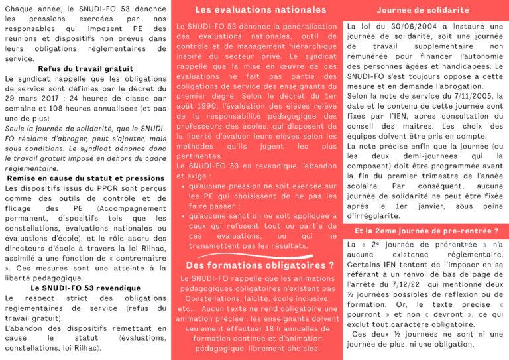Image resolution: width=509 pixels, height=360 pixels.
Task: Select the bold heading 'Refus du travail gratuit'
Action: tap(86, 68)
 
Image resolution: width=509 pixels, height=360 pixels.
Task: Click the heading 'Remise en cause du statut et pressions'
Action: tap(85, 178)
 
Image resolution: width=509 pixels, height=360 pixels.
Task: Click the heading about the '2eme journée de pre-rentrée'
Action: tap(427, 233)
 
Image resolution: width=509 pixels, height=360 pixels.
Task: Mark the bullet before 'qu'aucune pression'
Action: tap(183, 188)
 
